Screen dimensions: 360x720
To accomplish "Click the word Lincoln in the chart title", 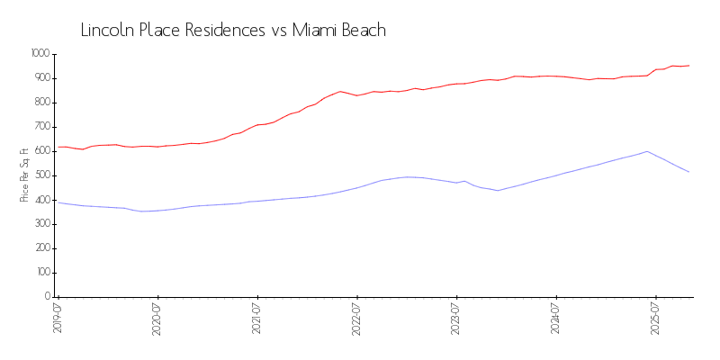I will coord(107,30).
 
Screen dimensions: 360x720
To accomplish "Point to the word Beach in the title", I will coord(364,30).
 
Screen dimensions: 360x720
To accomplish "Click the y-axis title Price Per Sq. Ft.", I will coord(24,175).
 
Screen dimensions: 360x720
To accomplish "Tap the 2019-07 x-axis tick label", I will coord(58,320).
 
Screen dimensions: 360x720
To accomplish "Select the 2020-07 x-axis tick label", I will coord(157,320).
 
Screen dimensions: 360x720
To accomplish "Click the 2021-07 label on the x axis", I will coord(257,320).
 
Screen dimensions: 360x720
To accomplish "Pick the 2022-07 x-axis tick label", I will coord(357,320).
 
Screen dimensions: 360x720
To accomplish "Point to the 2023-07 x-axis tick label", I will coord(456,320).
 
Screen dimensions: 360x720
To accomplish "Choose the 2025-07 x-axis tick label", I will coord(656,320).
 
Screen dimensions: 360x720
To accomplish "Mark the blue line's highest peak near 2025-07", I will coord(647,151).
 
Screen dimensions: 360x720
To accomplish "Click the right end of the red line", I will coord(689,65).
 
